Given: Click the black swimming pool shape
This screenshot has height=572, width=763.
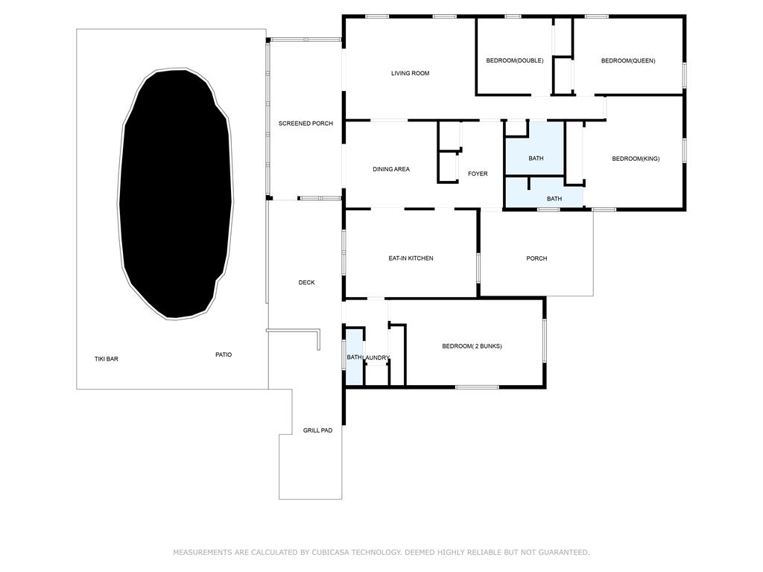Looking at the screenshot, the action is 176,194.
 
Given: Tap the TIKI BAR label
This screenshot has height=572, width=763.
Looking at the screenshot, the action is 106,359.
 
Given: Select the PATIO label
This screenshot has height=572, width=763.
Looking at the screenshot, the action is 224,355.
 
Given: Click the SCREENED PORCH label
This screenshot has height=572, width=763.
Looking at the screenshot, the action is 305,124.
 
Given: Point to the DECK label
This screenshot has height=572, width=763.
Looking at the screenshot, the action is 306,282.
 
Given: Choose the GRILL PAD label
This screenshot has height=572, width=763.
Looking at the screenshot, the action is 317,430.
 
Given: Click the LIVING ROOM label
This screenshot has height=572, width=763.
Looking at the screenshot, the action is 411,74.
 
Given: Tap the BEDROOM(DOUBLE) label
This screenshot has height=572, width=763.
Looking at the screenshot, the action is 515,61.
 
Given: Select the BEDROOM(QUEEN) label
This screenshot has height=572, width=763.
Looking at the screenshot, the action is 628,61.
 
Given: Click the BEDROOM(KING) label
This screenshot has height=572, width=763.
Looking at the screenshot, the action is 636,159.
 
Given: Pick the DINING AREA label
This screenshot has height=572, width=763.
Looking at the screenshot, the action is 391,169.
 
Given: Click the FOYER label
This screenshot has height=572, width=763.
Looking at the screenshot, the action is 478,174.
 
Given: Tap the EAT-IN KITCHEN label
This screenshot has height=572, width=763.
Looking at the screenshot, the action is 411,258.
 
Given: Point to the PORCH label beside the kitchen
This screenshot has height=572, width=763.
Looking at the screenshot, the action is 536,258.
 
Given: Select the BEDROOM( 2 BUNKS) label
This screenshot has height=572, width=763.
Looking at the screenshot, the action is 472,346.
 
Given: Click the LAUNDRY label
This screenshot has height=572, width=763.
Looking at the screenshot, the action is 376,358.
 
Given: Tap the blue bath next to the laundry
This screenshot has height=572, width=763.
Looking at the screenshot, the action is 354,357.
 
